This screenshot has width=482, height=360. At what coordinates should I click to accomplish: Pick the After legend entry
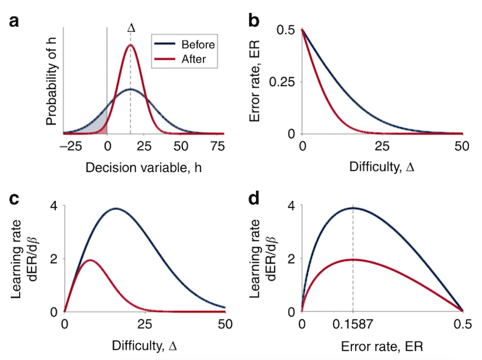pyautogui.click(x=190, y=60)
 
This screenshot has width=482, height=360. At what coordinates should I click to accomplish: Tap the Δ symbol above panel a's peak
pyautogui.click(x=131, y=28)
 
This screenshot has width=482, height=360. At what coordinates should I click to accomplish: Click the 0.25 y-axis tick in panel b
pyautogui.click(x=282, y=82)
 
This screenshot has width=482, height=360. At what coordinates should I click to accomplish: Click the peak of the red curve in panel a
pyautogui.click(x=131, y=45)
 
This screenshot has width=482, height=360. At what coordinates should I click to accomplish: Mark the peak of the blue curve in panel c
pyautogui.click(x=116, y=209)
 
